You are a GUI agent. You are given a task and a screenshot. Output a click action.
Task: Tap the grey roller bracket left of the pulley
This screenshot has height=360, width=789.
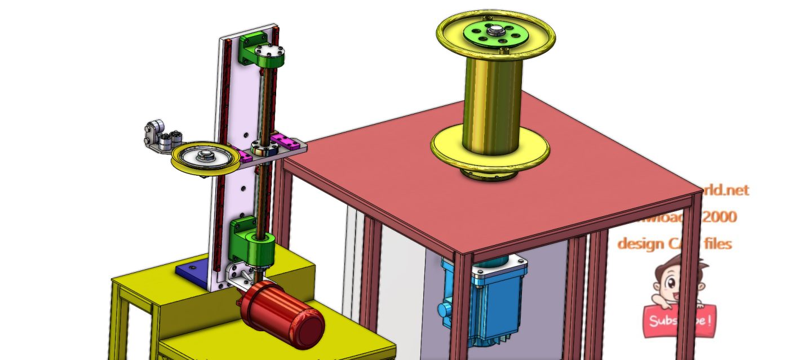point(158,137)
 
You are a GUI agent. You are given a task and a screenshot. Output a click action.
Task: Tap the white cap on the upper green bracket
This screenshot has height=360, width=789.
point(269,56)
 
